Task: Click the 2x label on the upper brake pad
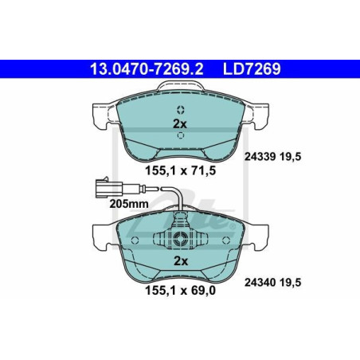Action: click(x=179, y=123)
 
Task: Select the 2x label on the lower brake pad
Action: click(x=180, y=261)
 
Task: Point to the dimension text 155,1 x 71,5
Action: click(x=179, y=169)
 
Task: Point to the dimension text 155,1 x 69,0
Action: click(x=179, y=292)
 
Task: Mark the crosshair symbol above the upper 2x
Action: click(x=180, y=110)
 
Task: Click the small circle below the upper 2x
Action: click(x=180, y=137)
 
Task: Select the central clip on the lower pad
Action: click(x=181, y=237)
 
